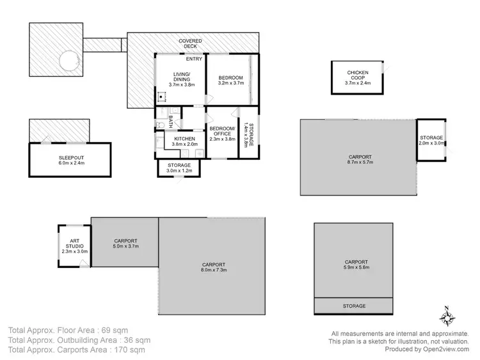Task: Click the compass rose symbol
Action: pos(446,317)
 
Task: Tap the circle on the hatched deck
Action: pos(69,61)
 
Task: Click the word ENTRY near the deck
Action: pos(195,59)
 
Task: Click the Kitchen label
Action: pos(184,138)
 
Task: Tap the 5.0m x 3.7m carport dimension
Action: pos(125,246)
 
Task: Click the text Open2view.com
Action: pos(446,349)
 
